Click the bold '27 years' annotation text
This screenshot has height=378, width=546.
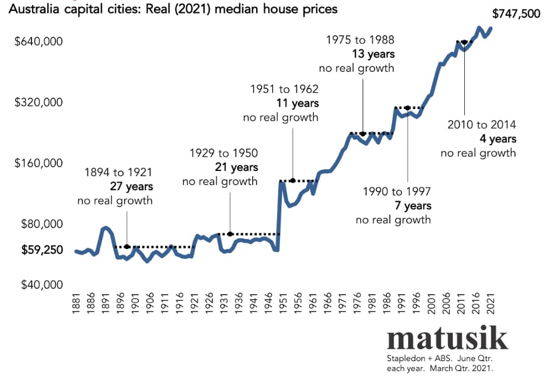(131, 187)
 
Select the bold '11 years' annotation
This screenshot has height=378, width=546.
(297, 103)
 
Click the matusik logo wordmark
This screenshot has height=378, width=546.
(447, 339)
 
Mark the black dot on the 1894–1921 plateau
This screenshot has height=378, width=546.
(127, 247)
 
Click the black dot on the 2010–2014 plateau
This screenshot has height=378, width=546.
(464, 42)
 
